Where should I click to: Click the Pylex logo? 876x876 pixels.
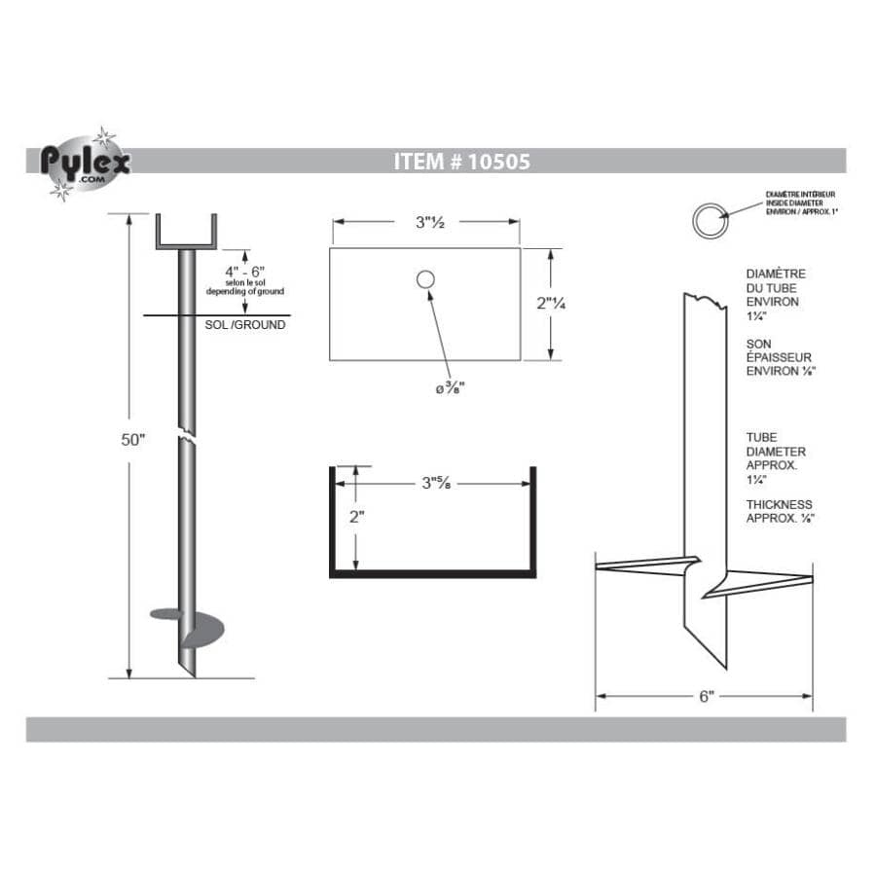pyautogui.click(x=85, y=164)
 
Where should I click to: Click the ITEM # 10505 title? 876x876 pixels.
pyautogui.click(x=462, y=162)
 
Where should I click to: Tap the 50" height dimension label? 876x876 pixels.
pyautogui.click(x=131, y=440)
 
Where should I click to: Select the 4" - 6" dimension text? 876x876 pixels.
pyautogui.click(x=243, y=270)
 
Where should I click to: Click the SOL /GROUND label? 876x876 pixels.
pyautogui.click(x=246, y=325)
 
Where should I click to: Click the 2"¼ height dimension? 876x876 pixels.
pyautogui.click(x=552, y=303)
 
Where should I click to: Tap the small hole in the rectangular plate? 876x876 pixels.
pyautogui.click(x=425, y=280)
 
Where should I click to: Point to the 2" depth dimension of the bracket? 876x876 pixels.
pyautogui.click(x=357, y=517)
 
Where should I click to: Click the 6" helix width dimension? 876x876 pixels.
pyautogui.click(x=706, y=696)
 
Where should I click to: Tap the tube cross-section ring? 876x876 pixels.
pyautogui.click(x=708, y=221)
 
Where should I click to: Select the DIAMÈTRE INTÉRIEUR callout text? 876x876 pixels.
pyautogui.click(x=800, y=202)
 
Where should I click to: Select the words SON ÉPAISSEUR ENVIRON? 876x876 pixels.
pyautogui.click(x=780, y=357)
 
